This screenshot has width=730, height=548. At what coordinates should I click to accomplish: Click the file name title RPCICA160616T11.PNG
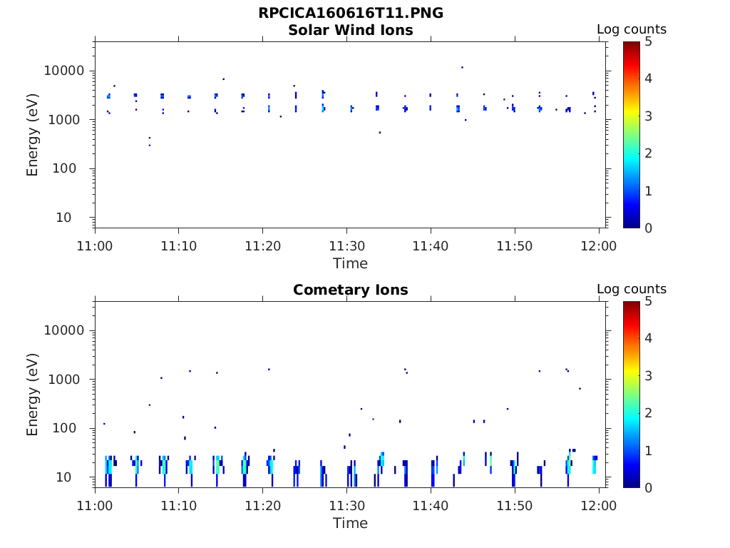click(350, 14)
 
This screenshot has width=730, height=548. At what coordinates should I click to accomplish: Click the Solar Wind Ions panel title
click(350, 30)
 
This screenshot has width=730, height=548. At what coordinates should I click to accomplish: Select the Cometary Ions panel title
click(350, 290)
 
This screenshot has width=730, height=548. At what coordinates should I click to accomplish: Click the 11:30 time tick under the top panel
click(346, 246)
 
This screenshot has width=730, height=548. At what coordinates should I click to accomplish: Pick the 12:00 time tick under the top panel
click(599, 246)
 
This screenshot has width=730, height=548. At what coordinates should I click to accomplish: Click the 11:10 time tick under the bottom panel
click(179, 506)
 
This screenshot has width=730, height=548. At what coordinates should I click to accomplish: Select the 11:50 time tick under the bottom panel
click(515, 506)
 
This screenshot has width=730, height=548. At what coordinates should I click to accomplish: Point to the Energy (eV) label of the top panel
click(33, 135)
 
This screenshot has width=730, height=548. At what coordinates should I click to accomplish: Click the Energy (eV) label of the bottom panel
click(33, 395)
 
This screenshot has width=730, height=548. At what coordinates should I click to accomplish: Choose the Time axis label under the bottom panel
click(350, 523)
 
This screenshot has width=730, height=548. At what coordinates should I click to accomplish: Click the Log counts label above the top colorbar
click(631, 29)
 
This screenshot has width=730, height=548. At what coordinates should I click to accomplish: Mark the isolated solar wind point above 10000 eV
click(462, 67)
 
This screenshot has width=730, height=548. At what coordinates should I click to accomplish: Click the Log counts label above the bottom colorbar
click(631, 289)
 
